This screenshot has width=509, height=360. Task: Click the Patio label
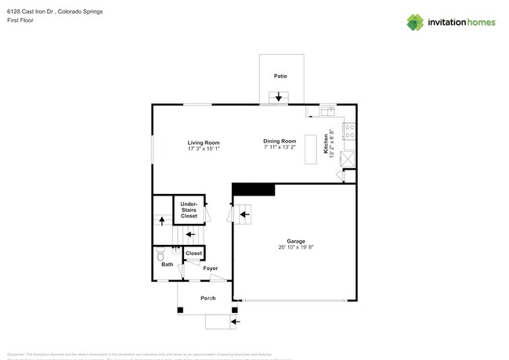coord(280,77)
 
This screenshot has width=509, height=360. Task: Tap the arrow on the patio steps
coord(279,97)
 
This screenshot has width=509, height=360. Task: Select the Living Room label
coord(203,142)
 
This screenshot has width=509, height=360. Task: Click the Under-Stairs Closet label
coord(189,209)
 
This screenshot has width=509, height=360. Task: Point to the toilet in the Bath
coord(162,254)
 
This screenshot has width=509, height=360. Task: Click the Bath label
coord(167,265)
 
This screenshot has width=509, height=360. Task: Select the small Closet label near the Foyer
coord(193,254)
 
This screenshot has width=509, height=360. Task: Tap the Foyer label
coord(210,268)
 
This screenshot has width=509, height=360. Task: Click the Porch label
coord(208,298)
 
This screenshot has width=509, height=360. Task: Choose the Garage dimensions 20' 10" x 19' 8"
coord(295,247)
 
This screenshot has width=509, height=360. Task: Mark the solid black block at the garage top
coord(254,189)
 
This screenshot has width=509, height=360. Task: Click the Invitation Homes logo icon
coord(415,22)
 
